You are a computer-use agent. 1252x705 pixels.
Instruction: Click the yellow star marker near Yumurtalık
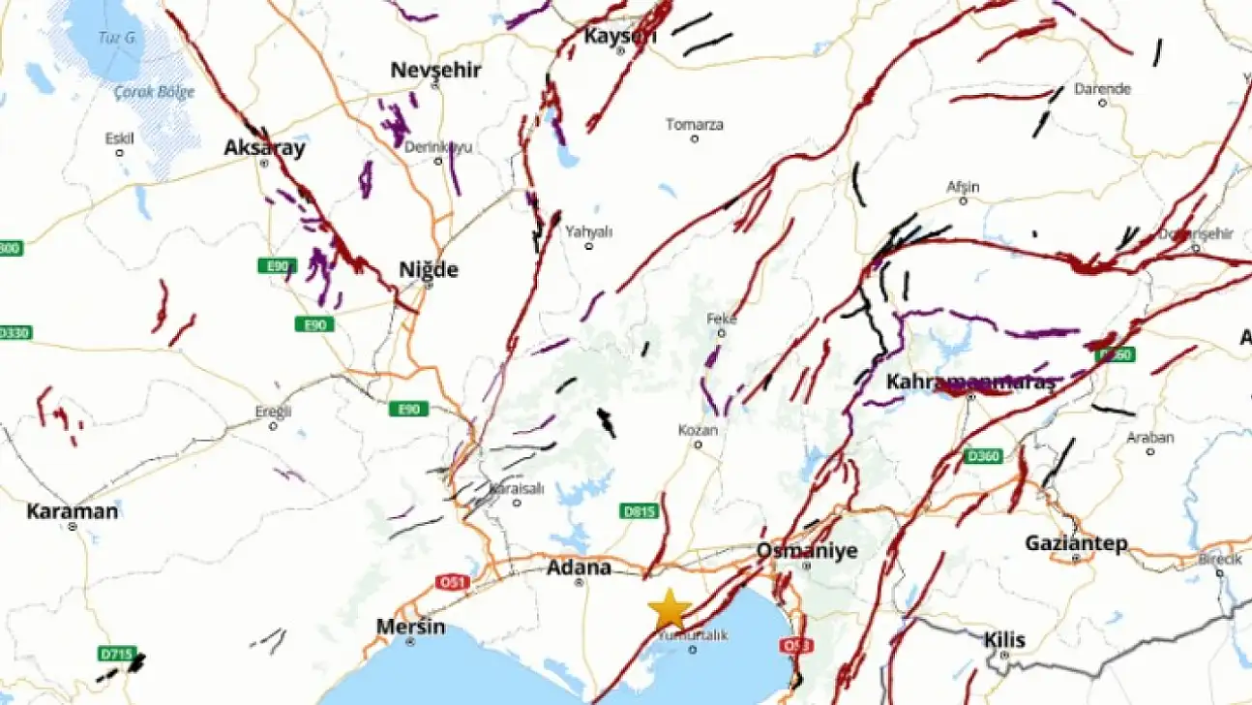(669, 610)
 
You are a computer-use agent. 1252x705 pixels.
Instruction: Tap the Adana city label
(579, 567)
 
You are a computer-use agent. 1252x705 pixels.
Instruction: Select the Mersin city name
(411, 627)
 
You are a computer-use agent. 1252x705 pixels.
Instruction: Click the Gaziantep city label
(1076, 544)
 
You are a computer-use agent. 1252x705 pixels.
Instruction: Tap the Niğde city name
(429, 269)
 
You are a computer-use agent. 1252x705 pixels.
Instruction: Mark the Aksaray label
(264, 148)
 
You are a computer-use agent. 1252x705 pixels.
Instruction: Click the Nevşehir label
(435, 70)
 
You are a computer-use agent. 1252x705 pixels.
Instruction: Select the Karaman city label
(73, 511)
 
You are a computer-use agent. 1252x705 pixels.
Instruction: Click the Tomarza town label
(695, 124)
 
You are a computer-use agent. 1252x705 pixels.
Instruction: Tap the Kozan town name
(698, 430)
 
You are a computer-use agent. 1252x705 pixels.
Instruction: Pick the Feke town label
(722, 318)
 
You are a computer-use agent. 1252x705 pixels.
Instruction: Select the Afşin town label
(963, 187)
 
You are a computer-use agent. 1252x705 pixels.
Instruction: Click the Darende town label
(1102, 89)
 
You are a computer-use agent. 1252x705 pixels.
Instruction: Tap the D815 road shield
(638, 511)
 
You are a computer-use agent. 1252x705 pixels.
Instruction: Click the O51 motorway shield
(452, 583)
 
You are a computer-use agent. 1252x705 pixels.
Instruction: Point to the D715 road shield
(117, 654)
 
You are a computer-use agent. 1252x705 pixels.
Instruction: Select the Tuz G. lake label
(116, 39)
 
